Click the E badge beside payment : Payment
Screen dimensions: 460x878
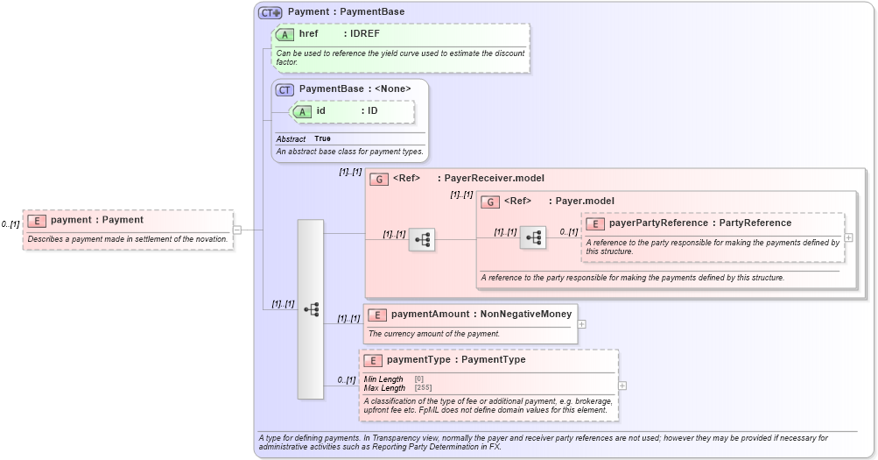[37, 220]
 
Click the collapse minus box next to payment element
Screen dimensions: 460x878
[236, 230]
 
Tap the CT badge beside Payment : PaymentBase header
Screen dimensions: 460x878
[270, 12]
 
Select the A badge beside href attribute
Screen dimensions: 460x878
[285, 34]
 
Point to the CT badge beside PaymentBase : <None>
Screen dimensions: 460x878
[285, 88]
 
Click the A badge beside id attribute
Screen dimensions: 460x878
[302, 111]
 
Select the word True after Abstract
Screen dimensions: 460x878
[322, 138]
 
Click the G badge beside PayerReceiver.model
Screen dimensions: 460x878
[379, 179]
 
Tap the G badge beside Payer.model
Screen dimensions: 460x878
[490, 202]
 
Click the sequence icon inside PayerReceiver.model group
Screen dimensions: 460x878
[421, 239]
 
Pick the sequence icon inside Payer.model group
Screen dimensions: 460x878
[532, 237]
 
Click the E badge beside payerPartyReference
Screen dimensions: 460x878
[595, 223]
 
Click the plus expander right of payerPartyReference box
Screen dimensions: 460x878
[849, 237]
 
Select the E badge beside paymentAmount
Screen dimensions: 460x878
[377, 315]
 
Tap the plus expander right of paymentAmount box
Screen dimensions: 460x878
[582, 323]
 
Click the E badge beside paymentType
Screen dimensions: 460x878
[373, 360]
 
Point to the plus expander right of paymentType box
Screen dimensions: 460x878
[622, 386]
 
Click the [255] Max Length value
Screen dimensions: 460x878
[423, 387]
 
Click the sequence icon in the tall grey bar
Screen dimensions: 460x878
[311, 309]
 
